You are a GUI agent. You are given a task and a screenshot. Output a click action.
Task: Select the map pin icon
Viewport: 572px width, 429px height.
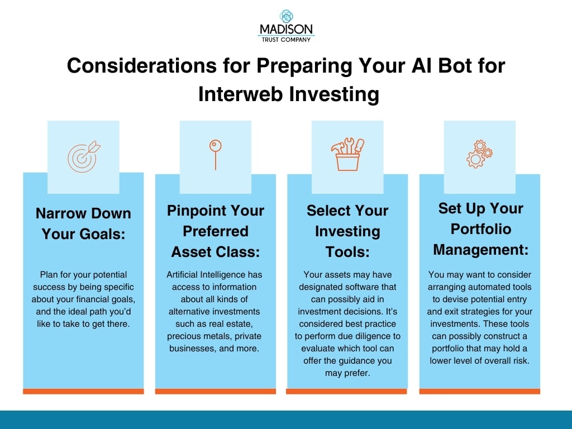pos(215,154)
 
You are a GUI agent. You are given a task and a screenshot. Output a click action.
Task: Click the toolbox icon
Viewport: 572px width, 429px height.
pos(347,154)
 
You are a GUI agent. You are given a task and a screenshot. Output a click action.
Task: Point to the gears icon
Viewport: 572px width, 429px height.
pos(479,154)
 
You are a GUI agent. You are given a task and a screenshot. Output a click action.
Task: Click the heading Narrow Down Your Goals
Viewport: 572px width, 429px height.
pos(83,223)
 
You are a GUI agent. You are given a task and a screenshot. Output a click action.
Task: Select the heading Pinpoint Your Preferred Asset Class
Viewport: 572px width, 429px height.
pos(215,231)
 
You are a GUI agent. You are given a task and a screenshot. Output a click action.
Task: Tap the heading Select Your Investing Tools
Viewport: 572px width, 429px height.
pos(347,231)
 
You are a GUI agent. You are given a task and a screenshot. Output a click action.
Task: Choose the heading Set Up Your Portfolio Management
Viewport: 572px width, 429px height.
pos(480,228)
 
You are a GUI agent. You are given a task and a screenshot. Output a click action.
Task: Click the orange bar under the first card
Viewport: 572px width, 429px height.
pos(83,391)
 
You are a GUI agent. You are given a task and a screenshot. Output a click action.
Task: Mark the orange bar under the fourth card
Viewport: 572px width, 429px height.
pos(480,391)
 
